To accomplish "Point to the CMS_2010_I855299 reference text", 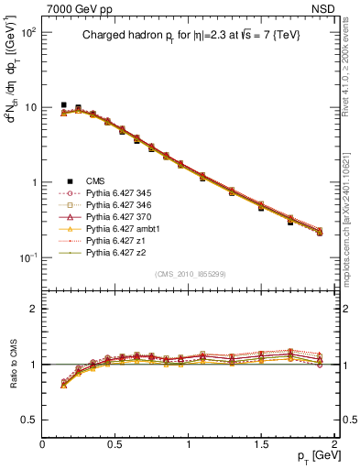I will [190, 274].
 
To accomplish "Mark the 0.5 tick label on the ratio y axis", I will [28, 420].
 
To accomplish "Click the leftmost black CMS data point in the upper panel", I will [63, 105].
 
